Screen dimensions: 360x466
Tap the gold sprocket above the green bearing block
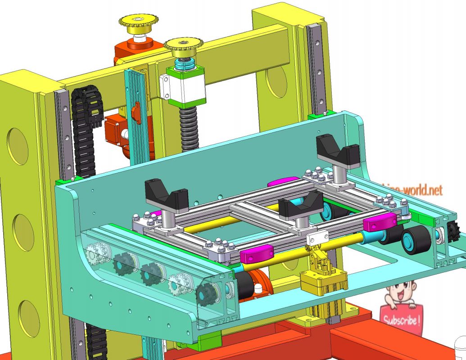pos(183,45)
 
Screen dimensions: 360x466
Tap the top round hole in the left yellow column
pos(18,146)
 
